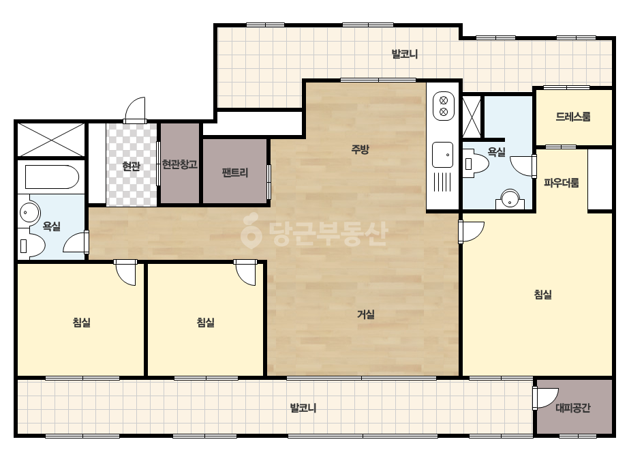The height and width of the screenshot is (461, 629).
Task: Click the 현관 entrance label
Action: [x=131, y=166]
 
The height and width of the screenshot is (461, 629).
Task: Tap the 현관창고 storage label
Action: [x=180, y=164]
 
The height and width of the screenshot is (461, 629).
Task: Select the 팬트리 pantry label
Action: [x=235, y=173]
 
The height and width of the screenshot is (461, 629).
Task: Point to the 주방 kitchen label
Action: [x=360, y=150]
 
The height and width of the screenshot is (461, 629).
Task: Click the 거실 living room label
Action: [x=366, y=314]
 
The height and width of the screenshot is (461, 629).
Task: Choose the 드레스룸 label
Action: [x=573, y=117]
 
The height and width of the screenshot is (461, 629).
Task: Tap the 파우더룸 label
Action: [x=562, y=183]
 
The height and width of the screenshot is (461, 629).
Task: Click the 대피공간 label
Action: [x=573, y=408]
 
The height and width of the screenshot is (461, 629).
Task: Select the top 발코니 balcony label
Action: [x=405, y=54]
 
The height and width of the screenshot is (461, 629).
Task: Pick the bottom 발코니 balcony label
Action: [x=303, y=408]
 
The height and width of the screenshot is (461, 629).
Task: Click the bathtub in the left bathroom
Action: [x=52, y=177]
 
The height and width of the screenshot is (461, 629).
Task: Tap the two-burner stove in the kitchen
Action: [x=443, y=106]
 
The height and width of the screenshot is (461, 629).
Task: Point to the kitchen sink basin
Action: [x=442, y=155]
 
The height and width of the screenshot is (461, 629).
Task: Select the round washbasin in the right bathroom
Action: [x=510, y=199]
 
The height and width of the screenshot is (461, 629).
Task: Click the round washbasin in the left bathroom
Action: [x=29, y=211]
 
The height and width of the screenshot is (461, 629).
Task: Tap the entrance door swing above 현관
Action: [x=135, y=110]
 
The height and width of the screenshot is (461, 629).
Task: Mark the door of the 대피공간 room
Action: [x=546, y=398]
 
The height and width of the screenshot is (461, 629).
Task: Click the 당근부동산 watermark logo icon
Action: [x=251, y=230]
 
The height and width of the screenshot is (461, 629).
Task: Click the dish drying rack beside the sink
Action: [x=442, y=183]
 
